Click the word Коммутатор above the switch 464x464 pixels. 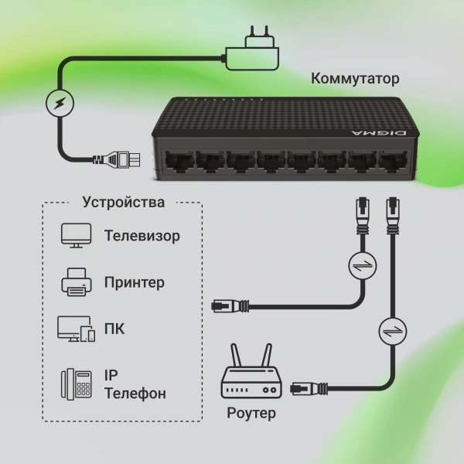click(355, 79)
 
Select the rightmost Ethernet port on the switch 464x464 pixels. click(387, 160)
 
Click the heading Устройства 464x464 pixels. click(123, 203)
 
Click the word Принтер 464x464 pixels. click(134, 282)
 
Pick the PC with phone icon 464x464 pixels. click(76, 329)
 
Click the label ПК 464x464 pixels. click(114, 329)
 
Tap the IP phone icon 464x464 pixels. click(76, 384)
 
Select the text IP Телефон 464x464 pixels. click(134, 384)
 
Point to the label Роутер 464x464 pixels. click(251, 413)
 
